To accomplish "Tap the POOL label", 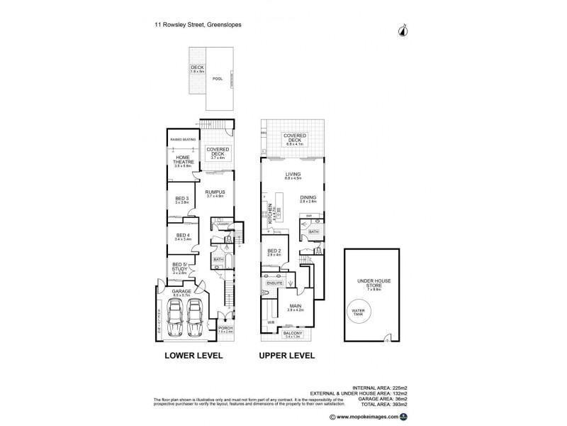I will [218, 78].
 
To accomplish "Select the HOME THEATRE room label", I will [181, 162].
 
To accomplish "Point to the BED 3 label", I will [181, 200].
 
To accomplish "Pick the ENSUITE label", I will [274, 283].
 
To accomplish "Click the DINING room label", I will [308, 198].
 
